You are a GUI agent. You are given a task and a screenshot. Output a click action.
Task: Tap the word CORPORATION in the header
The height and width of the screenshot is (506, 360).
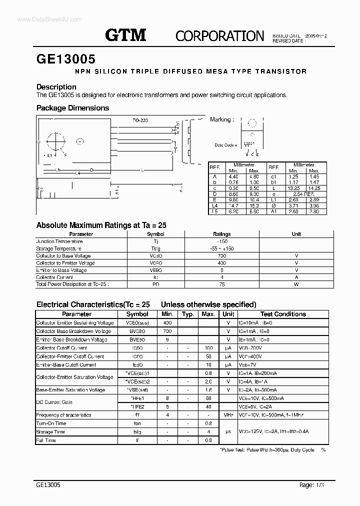220,35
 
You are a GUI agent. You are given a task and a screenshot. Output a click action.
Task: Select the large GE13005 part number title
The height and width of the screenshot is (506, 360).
66,58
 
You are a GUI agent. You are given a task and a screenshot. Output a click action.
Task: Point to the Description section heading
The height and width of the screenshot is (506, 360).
56,87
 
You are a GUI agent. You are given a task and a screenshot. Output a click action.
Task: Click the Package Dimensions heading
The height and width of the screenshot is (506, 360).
72,108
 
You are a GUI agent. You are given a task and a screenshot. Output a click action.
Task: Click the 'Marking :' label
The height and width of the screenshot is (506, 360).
220,119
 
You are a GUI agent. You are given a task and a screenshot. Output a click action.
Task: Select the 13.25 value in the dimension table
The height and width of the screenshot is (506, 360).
293,187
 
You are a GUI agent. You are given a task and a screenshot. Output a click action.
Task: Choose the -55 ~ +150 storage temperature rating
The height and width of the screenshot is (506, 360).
222,248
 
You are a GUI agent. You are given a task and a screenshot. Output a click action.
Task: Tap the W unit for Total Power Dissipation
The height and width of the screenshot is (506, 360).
296,284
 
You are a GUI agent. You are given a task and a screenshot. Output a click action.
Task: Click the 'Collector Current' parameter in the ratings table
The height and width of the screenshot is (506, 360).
54,277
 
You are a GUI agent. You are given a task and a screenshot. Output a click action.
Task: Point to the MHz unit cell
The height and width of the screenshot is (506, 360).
228,415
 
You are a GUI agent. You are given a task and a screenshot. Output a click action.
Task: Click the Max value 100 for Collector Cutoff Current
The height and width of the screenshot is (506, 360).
208,348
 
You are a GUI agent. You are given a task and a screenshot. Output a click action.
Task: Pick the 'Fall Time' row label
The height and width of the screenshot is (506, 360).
46,440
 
